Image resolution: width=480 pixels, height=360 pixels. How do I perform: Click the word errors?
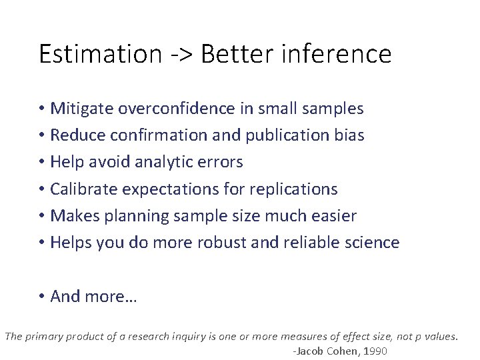pos(221,162)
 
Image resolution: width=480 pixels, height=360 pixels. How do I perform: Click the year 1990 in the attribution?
pos(375,351)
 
